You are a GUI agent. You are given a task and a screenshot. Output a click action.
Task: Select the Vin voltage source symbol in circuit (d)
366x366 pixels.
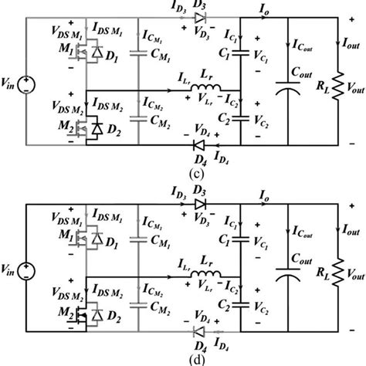29,270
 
